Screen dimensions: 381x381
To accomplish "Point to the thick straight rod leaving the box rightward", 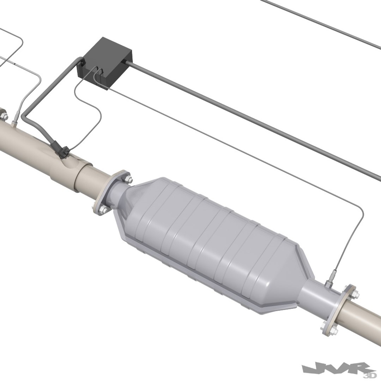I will coord(247,116).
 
